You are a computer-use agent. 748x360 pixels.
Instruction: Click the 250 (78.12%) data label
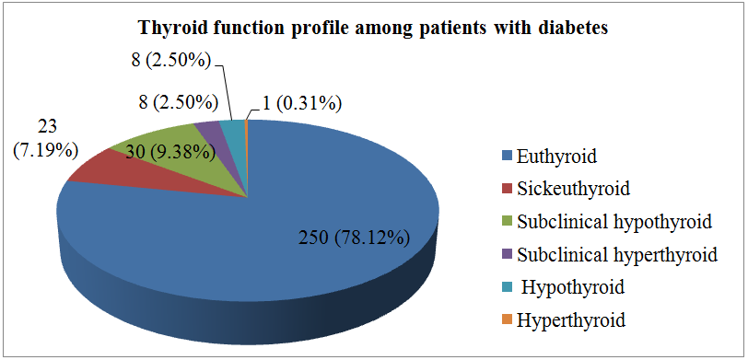tap(353, 238)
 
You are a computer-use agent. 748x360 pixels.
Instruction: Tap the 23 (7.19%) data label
tap(46, 138)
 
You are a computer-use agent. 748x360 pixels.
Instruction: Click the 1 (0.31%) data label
tap(302, 103)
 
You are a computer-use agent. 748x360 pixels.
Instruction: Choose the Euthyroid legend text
tap(556, 157)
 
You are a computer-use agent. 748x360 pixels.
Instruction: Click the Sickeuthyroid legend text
tap(573, 189)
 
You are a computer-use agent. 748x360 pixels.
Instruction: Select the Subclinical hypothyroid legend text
tap(614, 221)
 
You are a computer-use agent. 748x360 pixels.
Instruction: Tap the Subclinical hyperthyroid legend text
tap(617, 254)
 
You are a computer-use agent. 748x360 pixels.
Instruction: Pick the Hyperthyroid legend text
tap(570, 319)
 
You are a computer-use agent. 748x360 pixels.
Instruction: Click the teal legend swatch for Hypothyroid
tap(507, 287)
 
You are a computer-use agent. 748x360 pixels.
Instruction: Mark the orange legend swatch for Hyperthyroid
tap(507, 319)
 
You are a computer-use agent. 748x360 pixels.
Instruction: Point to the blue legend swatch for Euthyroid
tap(507, 157)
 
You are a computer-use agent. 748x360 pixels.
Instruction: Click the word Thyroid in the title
tap(170, 29)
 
